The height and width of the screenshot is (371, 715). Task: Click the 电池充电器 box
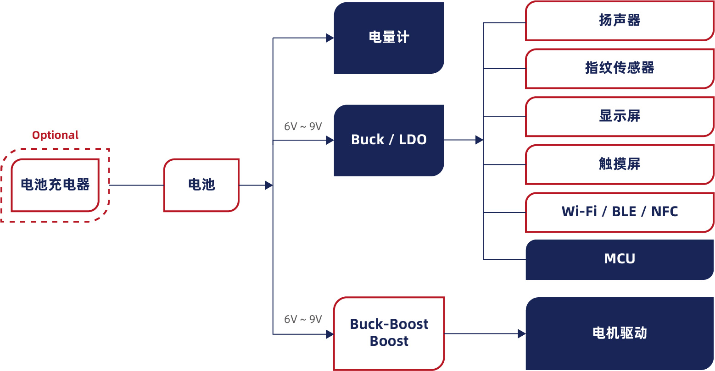(x=55, y=185)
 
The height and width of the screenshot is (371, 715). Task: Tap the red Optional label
(x=55, y=135)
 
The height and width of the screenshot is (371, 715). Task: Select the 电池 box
(x=201, y=185)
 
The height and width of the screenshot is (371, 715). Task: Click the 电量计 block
(x=389, y=38)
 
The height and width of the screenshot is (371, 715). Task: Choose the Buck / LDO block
(x=389, y=140)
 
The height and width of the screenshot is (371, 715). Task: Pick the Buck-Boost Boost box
(x=389, y=333)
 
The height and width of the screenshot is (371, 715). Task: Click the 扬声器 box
(x=620, y=21)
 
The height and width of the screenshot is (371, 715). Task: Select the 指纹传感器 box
(x=620, y=69)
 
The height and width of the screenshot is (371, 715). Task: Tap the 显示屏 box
(x=620, y=116)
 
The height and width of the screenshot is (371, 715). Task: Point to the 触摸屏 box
(x=620, y=164)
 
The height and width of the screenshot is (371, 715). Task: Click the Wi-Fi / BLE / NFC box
(x=620, y=212)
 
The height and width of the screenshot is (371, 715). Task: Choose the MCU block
(x=620, y=259)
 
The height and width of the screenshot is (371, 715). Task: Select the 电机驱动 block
(x=620, y=333)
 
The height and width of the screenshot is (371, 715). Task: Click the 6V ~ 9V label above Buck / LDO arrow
(x=303, y=126)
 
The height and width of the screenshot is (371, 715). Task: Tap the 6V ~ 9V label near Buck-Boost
(x=303, y=319)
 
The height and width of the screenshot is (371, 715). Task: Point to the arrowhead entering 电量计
(x=330, y=38)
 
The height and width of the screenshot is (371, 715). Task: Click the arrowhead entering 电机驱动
(x=521, y=334)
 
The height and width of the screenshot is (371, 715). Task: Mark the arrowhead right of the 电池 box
(x=269, y=185)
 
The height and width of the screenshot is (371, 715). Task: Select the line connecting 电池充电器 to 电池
(x=136, y=185)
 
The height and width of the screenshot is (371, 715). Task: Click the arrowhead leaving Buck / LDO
(x=479, y=140)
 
